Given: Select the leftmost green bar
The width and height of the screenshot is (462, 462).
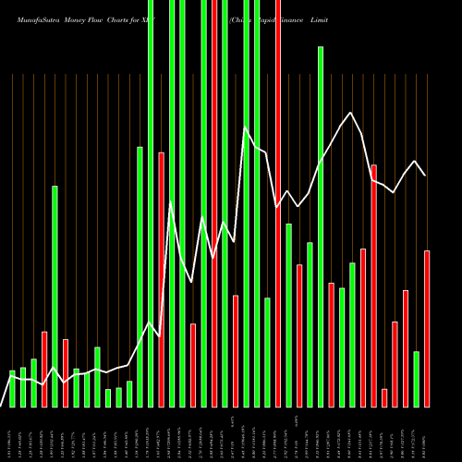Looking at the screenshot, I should click(x=12, y=388).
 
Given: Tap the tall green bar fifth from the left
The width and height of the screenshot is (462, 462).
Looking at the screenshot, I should click(x=55, y=296).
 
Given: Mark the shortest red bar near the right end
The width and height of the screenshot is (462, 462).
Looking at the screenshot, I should click(x=384, y=397).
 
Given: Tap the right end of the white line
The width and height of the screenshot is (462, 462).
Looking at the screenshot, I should click(x=425, y=175).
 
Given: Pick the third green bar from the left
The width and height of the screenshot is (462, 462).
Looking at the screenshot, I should click(x=33, y=383).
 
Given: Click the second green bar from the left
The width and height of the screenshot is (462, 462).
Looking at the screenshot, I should click(x=23, y=386).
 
